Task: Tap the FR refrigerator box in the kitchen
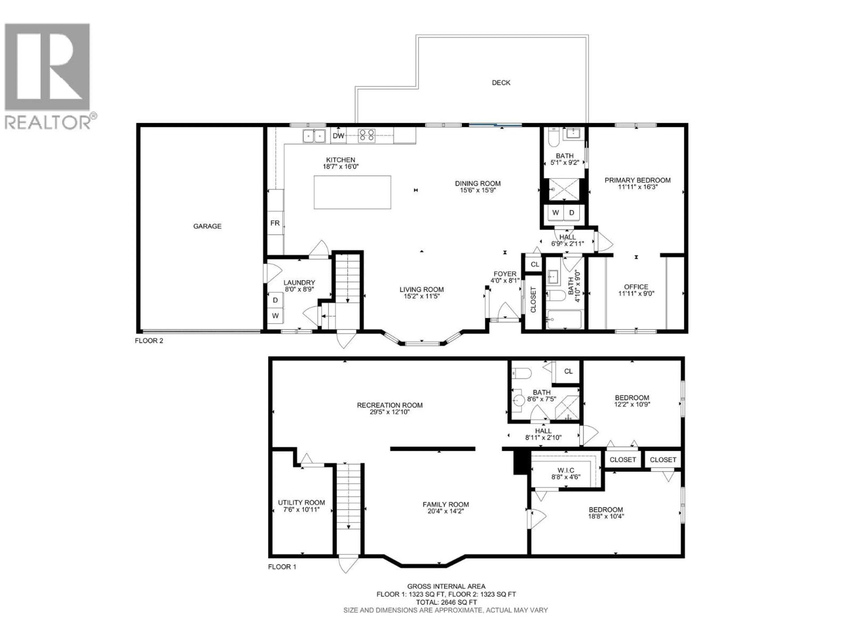[x=275, y=223]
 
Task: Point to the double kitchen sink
[x=314, y=136]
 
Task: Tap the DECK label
[x=501, y=83]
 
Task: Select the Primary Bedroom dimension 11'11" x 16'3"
[x=638, y=187]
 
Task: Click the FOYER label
[x=505, y=274]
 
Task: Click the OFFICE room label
[x=636, y=287]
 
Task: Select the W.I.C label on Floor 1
[x=566, y=470]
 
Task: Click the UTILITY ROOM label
[x=301, y=503]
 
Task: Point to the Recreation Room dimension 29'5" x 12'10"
[x=390, y=412]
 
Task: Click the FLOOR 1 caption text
[x=282, y=567]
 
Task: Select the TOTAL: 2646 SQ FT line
[x=446, y=602]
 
